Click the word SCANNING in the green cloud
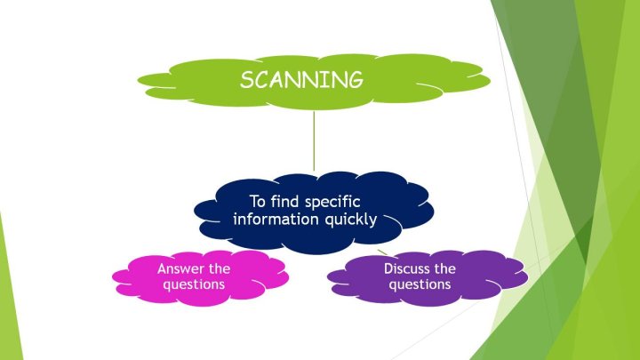pos(301,80)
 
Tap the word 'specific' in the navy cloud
pos(332,203)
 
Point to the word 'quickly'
pos(351,220)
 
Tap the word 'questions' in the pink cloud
pos(194,284)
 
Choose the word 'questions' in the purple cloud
pos(420,284)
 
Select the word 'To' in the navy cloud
pos(258,202)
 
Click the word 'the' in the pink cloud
pos(220,268)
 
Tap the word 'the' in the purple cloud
pos(445,268)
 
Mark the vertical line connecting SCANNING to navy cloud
pos(314,140)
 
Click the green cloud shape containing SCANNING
pos(314,82)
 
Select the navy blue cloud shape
pos(314,212)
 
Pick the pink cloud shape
pos(200,278)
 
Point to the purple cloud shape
pos(428,278)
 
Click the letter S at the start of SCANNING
pos(247,80)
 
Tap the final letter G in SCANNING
pos(355,80)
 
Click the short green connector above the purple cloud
pos(382,252)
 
